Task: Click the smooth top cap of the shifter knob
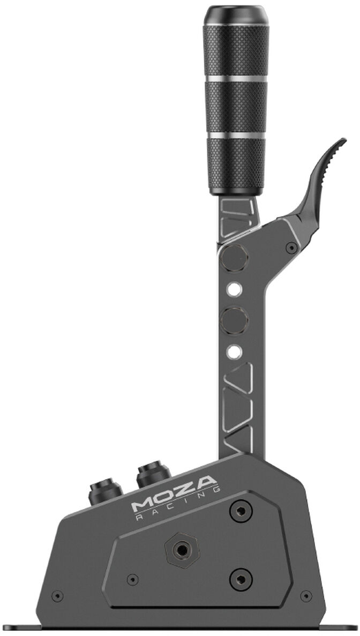pyautogui.click(x=236, y=15)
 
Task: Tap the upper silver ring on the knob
pyautogui.click(x=236, y=79)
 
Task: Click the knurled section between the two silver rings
pyautogui.click(x=236, y=107)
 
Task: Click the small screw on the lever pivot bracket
pyautogui.click(x=291, y=247)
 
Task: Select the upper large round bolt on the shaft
pyautogui.click(x=234, y=258)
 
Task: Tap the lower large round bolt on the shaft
pyautogui.click(x=234, y=320)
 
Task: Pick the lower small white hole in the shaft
pyautogui.click(x=234, y=351)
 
